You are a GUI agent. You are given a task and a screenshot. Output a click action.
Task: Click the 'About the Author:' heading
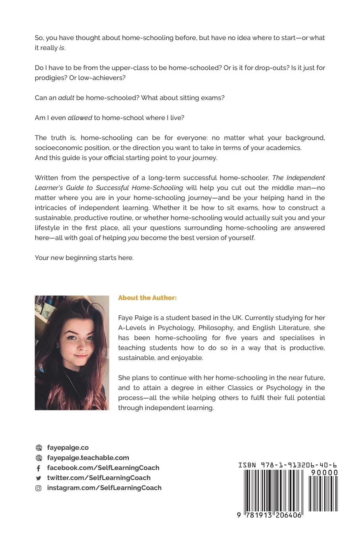tap(147, 298)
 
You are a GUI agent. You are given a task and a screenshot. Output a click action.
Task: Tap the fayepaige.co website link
tap(68, 447)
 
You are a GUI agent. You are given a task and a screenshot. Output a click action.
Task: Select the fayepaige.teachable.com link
tap(88, 457)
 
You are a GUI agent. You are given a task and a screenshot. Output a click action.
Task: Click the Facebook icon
tap(39, 468)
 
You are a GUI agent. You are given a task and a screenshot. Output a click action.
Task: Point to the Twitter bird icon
tap(39, 478)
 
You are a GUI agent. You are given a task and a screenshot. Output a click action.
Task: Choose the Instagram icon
tap(39, 488)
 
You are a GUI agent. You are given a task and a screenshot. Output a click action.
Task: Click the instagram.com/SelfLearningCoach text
tap(104, 488)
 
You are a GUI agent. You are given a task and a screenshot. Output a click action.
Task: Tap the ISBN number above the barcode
tap(287, 465)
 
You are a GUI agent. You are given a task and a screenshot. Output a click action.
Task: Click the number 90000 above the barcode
tap(324, 472)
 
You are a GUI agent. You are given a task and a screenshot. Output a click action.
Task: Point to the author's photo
tap(72, 353)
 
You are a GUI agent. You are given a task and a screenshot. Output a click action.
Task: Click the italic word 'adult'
tap(66, 98)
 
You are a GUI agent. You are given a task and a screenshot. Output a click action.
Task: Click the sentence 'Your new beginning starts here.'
tap(84, 258)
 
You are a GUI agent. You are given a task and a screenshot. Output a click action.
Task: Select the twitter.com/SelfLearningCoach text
tap(99, 478)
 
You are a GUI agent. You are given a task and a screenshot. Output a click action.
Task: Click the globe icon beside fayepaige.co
tap(39, 448)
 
